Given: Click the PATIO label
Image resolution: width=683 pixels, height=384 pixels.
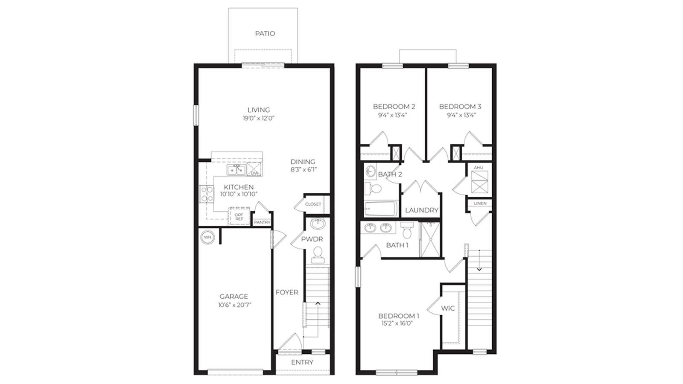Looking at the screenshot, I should [x=265, y=33].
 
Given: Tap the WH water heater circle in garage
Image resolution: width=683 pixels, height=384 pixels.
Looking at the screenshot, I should [x=207, y=237].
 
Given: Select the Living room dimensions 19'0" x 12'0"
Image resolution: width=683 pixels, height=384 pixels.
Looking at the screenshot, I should [x=258, y=118].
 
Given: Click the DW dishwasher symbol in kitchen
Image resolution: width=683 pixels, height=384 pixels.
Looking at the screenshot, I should [x=254, y=170].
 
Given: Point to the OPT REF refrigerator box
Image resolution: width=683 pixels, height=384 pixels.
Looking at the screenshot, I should [x=239, y=217].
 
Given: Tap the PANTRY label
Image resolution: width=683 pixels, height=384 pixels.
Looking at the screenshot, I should [x=262, y=222].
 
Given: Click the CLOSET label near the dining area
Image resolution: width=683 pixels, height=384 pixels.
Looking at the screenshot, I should [x=313, y=204].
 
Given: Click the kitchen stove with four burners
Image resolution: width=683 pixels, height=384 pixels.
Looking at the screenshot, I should [x=207, y=194].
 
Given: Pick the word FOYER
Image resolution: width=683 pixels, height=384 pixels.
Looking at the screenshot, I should [x=287, y=292].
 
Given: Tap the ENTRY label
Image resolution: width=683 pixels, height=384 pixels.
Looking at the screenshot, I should [x=302, y=362].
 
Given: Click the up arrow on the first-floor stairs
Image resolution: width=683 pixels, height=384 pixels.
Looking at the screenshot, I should [x=318, y=303].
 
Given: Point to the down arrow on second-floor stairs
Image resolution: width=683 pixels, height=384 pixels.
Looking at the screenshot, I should [x=479, y=269].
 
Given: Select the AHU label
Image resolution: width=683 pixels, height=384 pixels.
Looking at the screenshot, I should [x=478, y=168].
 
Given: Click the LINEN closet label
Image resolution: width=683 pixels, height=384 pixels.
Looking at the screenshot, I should [x=480, y=204].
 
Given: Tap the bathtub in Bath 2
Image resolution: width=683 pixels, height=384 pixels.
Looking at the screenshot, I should [x=381, y=209].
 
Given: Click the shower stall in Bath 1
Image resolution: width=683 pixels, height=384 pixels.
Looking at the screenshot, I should [x=430, y=239].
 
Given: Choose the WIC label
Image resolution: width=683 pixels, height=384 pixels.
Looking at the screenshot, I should [x=448, y=308].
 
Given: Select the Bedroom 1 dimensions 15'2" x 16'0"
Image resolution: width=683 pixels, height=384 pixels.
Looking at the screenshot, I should [x=398, y=323].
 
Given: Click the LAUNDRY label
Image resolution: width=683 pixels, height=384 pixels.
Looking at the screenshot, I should [x=421, y=210].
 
